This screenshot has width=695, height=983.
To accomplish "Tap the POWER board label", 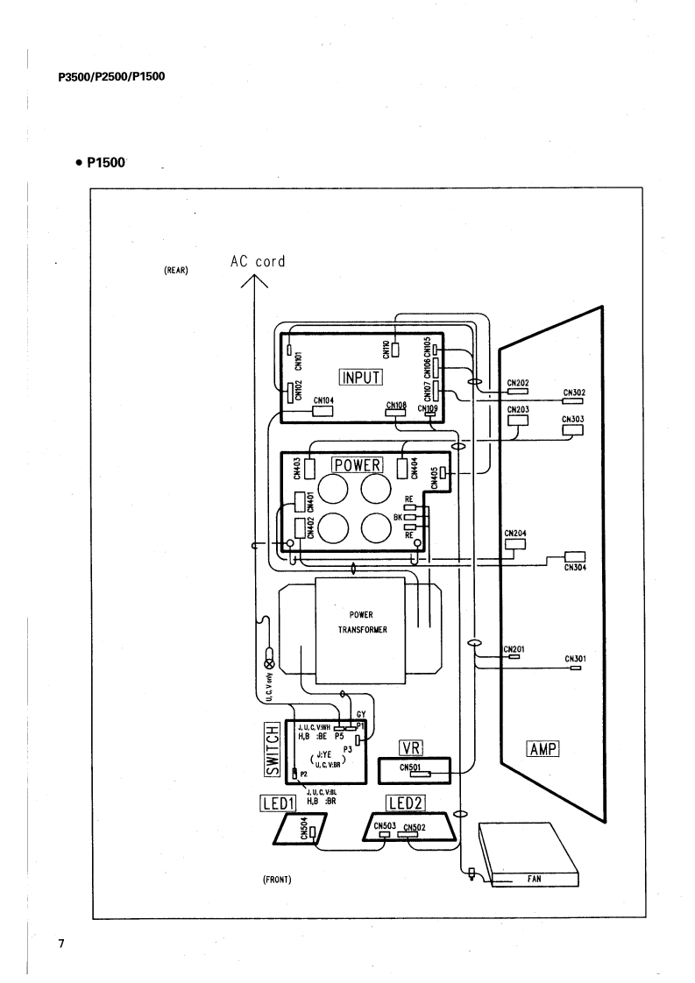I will pyautogui.click(x=353, y=463).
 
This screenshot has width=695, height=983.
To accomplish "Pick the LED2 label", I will pyautogui.click(x=405, y=801).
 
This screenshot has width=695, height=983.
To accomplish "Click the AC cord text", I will pyautogui.click(x=258, y=261).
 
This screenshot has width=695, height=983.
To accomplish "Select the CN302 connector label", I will pyautogui.click(x=574, y=392).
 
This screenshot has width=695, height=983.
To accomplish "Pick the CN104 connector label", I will pyautogui.click(x=323, y=400).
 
